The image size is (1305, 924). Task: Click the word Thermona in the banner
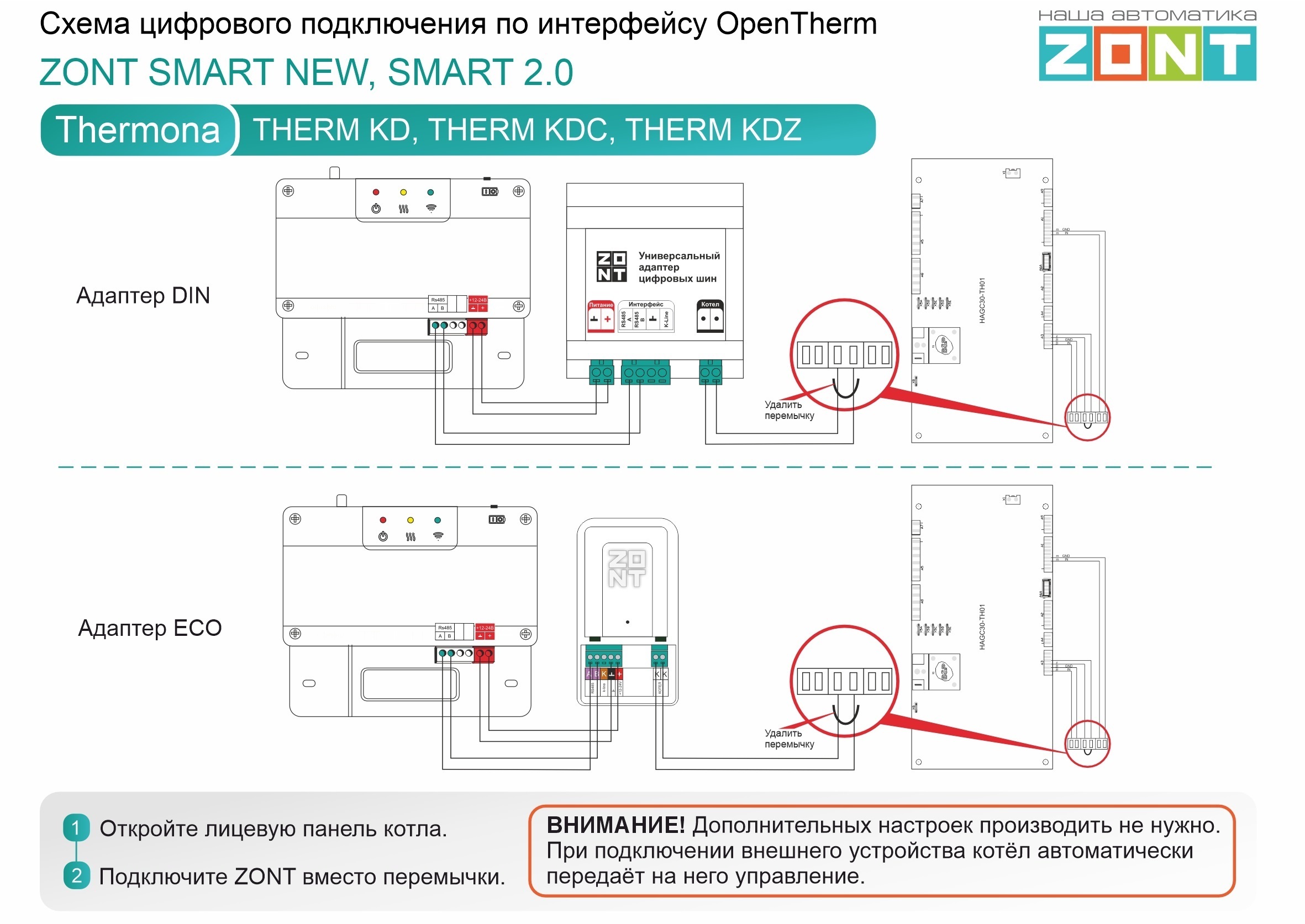137,130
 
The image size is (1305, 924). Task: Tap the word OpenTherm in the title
796,24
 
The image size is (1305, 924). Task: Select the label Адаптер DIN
143,296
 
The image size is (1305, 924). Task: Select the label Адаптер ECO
150,628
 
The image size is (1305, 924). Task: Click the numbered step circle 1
76,828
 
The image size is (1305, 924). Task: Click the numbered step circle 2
76,875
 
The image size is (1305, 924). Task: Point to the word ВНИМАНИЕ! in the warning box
615,826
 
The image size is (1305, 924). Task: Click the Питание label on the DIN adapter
601,305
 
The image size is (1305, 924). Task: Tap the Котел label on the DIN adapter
710,304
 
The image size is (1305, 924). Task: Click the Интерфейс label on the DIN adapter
646,304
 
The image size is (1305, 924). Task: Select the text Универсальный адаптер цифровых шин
678,267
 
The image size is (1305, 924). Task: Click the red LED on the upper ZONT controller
376,192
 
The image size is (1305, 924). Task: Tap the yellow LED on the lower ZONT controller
411,520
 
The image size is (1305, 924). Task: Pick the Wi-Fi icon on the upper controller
431,208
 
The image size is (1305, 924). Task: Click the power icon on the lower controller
383,537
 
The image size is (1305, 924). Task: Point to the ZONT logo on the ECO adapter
627,569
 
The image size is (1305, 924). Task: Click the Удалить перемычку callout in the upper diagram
788,410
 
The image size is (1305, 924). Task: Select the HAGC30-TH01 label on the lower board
982,626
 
